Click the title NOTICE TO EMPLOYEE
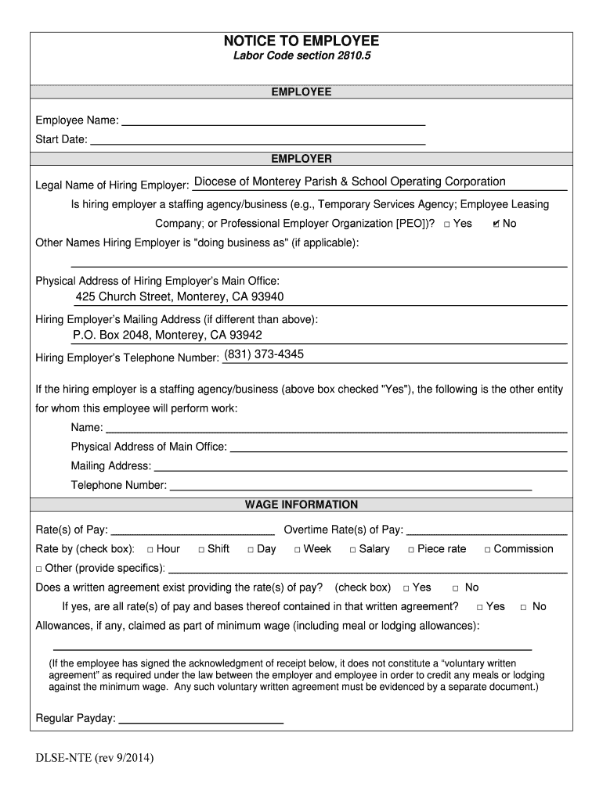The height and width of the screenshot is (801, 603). (x=301, y=41)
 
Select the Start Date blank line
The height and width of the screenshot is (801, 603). (x=258, y=140)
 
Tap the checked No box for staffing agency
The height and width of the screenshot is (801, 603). (x=496, y=224)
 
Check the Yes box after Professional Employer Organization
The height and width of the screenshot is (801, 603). (x=446, y=224)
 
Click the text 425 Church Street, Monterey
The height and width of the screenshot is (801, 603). (x=179, y=296)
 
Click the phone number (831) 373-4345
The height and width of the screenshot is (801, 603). (x=264, y=354)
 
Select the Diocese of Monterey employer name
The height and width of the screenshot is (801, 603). (x=349, y=181)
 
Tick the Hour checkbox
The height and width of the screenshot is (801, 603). (x=150, y=549)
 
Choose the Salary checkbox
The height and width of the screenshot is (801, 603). (x=352, y=549)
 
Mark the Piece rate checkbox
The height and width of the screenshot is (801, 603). (x=411, y=549)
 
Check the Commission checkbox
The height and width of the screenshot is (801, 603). (x=487, y=549)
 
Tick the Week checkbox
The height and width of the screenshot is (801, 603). (x=298, y=549)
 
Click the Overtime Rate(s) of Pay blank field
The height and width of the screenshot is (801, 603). (x=486, y=530)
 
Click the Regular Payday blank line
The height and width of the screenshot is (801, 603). (x=201, y=719)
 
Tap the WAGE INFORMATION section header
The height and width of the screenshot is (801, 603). (x=301, y=505)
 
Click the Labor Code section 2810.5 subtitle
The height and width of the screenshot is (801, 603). (x=301, y=57)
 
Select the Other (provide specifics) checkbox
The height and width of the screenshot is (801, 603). (x=40, y=569)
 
